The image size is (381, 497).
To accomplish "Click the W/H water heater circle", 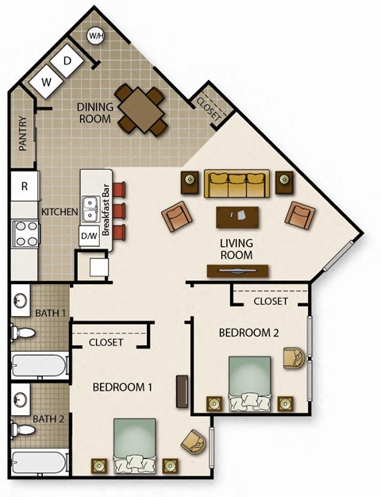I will click(x=96, y=36).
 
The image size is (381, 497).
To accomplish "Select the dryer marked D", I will click(x=68, y=61).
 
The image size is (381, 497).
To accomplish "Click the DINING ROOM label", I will click(x=98, y=112).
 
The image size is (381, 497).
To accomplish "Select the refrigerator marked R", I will click(x=25, y=187).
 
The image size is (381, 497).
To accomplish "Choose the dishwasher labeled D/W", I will click(x=89, y=236).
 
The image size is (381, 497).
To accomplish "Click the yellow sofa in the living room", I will click(x=235, y=183).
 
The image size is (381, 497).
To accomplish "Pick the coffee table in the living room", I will click(x=238, y=217).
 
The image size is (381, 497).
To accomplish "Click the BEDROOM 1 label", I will click(x=123, y=387).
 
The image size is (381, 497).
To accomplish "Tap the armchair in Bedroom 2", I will click(x=294, y=359).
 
